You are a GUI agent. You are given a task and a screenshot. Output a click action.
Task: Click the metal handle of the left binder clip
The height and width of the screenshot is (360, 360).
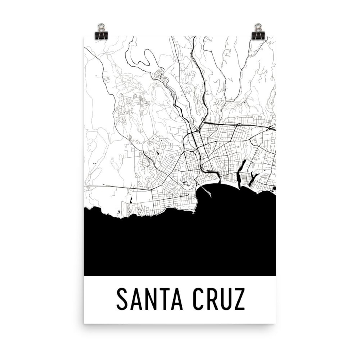pyautogui.click(x=101, y=27)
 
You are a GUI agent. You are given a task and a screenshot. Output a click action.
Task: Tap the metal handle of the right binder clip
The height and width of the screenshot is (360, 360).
pyautogui.click(x=258, y=27)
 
